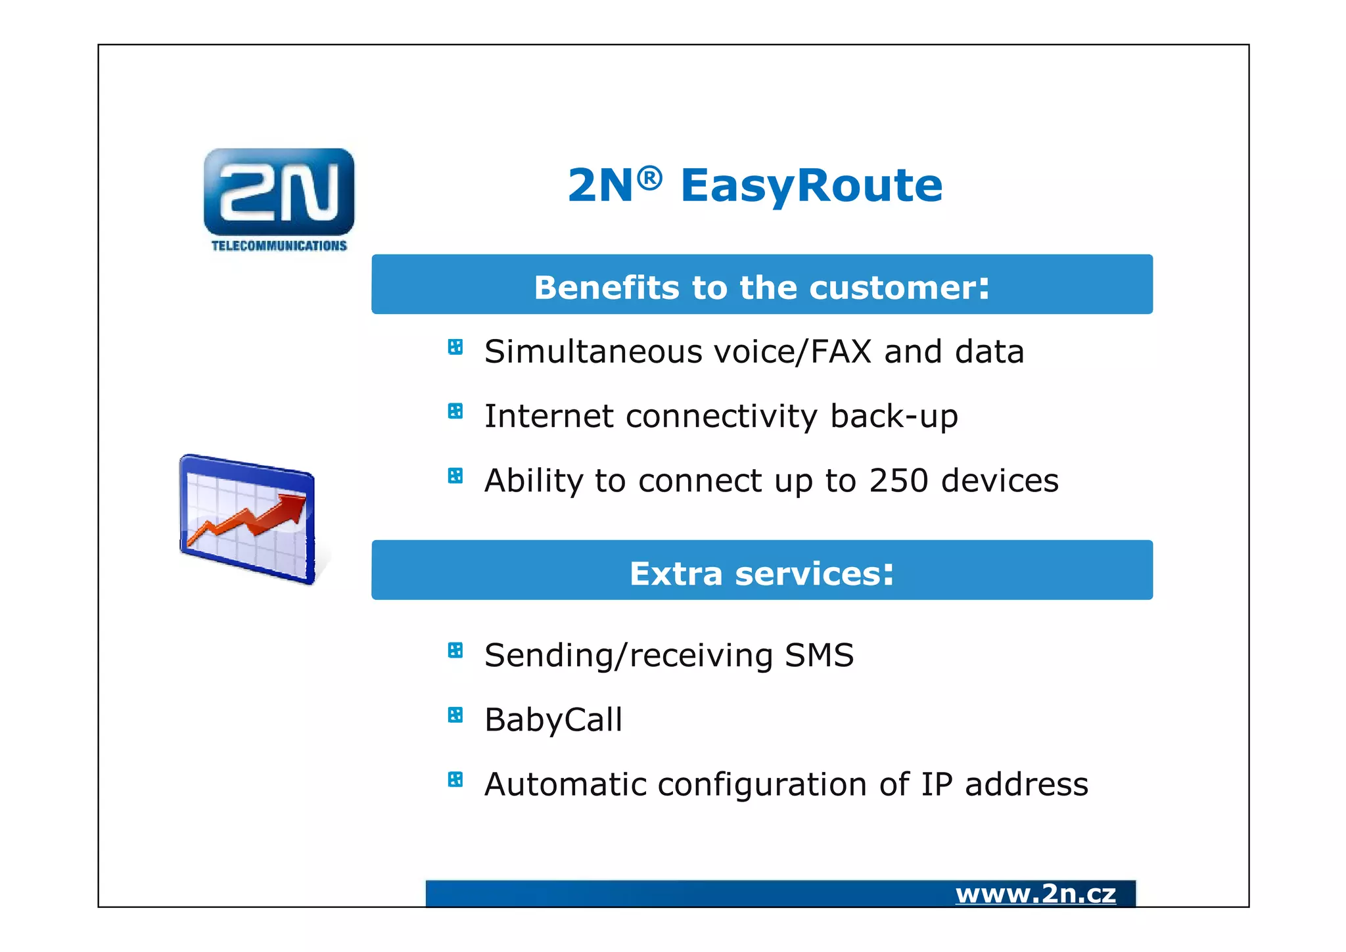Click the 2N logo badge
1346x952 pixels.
[279, 192]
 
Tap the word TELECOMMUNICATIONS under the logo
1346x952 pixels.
[279, 246]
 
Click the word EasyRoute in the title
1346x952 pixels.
[811, 185]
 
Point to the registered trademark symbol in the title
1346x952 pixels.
[649, 177]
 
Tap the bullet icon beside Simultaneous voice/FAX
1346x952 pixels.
[455, 346]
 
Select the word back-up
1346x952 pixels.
[894, 417]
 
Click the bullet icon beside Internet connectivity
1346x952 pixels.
[455, 411]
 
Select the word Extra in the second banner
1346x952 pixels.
[676, 574]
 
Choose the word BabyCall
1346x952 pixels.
[553, 719]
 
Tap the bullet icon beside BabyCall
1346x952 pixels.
[455, 714]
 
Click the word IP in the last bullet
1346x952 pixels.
[937, 784]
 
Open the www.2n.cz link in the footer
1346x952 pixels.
[1035, 894]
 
